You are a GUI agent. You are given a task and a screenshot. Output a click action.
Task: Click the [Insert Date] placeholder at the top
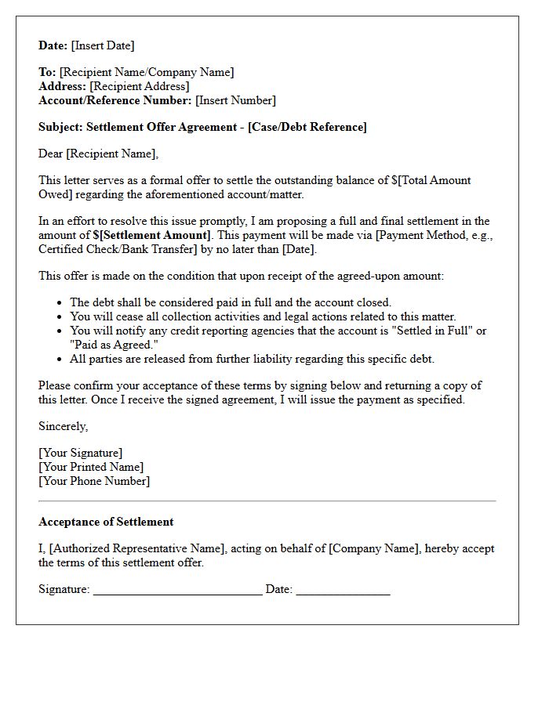pos(103,45)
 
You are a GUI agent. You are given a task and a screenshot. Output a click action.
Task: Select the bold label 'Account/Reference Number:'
pos(115,100)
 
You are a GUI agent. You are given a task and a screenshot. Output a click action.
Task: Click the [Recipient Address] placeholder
pos(140,86)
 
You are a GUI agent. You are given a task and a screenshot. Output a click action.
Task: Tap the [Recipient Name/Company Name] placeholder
pos(147,72)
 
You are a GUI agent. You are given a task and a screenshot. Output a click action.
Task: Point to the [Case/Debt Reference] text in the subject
pos(307,127)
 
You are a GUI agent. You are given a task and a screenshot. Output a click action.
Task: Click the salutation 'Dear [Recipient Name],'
pos(98,154)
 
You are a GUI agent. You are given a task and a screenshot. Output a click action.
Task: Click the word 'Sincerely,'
pos(64,426)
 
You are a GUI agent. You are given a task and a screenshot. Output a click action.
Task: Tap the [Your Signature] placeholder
pos(81,453)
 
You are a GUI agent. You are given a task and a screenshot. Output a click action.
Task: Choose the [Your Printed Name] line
pos(91,467)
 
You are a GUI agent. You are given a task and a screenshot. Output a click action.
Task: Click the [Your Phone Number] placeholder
pos(94,481)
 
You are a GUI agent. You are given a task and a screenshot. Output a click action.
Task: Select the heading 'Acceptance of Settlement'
pos(106,522)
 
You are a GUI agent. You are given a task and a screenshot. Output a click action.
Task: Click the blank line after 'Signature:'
pos(177,591)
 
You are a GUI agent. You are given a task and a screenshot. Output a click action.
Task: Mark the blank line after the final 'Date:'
pos(343,591)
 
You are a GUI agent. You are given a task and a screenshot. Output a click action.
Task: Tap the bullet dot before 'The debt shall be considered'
pos(60,303)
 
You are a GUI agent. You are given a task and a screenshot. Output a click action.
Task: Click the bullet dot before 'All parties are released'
pos(60,360)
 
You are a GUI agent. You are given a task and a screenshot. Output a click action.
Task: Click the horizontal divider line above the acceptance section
pos(267,501)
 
